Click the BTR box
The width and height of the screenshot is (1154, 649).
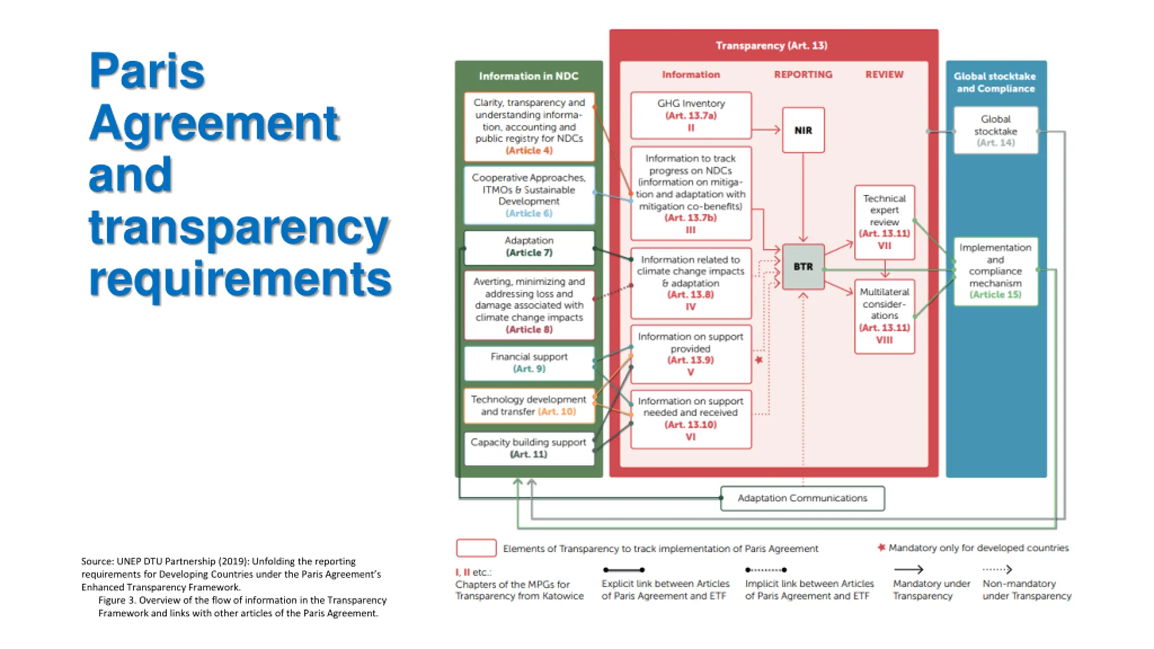tap(803, 267)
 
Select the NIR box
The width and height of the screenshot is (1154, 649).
tap(803, 130)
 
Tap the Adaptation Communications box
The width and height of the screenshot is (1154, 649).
tap(802, 498)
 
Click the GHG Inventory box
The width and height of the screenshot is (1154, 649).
tap(691, 115)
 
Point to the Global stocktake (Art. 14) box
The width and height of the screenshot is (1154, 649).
tap(995, 131)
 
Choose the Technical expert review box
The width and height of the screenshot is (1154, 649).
tap(884, 222)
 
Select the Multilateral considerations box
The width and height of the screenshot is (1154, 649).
tap(884, 315)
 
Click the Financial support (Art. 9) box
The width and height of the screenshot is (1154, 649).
tap(529, 363)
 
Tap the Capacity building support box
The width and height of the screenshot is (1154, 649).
tap(529, 448)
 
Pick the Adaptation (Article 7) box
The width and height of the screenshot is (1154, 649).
tap(529, 247)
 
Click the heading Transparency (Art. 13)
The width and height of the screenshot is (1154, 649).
tap(771, 46)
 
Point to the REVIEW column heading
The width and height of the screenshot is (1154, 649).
tap(884, 75)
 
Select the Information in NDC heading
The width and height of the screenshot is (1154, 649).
tap(528, 76)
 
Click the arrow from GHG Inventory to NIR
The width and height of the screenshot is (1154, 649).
tap(766, 130)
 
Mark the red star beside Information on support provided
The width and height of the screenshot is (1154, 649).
tap(759, 360)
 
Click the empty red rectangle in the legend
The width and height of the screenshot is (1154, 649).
tap(476, 548)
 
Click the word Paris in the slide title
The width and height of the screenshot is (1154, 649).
tap(147, 71)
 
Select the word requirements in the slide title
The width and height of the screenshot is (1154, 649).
tap(240, 279)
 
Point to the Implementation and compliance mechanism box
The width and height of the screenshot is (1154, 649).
tap(995, 271)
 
